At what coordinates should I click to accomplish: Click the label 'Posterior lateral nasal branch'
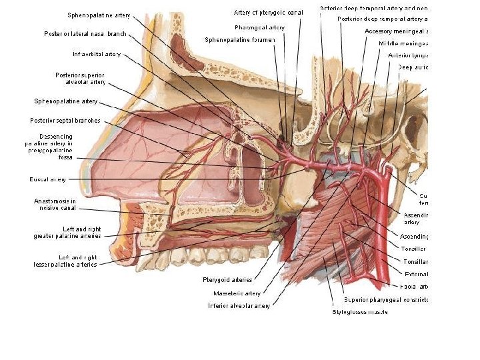85,33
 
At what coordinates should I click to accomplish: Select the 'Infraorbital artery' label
97,54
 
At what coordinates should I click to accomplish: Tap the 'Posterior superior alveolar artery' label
80,78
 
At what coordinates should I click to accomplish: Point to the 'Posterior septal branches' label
65,121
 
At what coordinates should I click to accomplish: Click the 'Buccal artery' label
47,179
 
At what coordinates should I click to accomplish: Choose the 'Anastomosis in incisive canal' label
55,204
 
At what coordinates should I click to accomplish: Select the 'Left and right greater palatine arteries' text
67,232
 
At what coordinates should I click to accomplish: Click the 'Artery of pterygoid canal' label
269,13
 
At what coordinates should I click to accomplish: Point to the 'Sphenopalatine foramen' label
239,41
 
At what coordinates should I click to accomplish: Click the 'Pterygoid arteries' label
227,280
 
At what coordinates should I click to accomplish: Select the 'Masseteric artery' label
237,293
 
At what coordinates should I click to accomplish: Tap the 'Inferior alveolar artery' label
239,306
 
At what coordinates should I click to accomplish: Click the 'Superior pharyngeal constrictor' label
386,299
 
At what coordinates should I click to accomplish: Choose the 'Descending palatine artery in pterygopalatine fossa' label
49,147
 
